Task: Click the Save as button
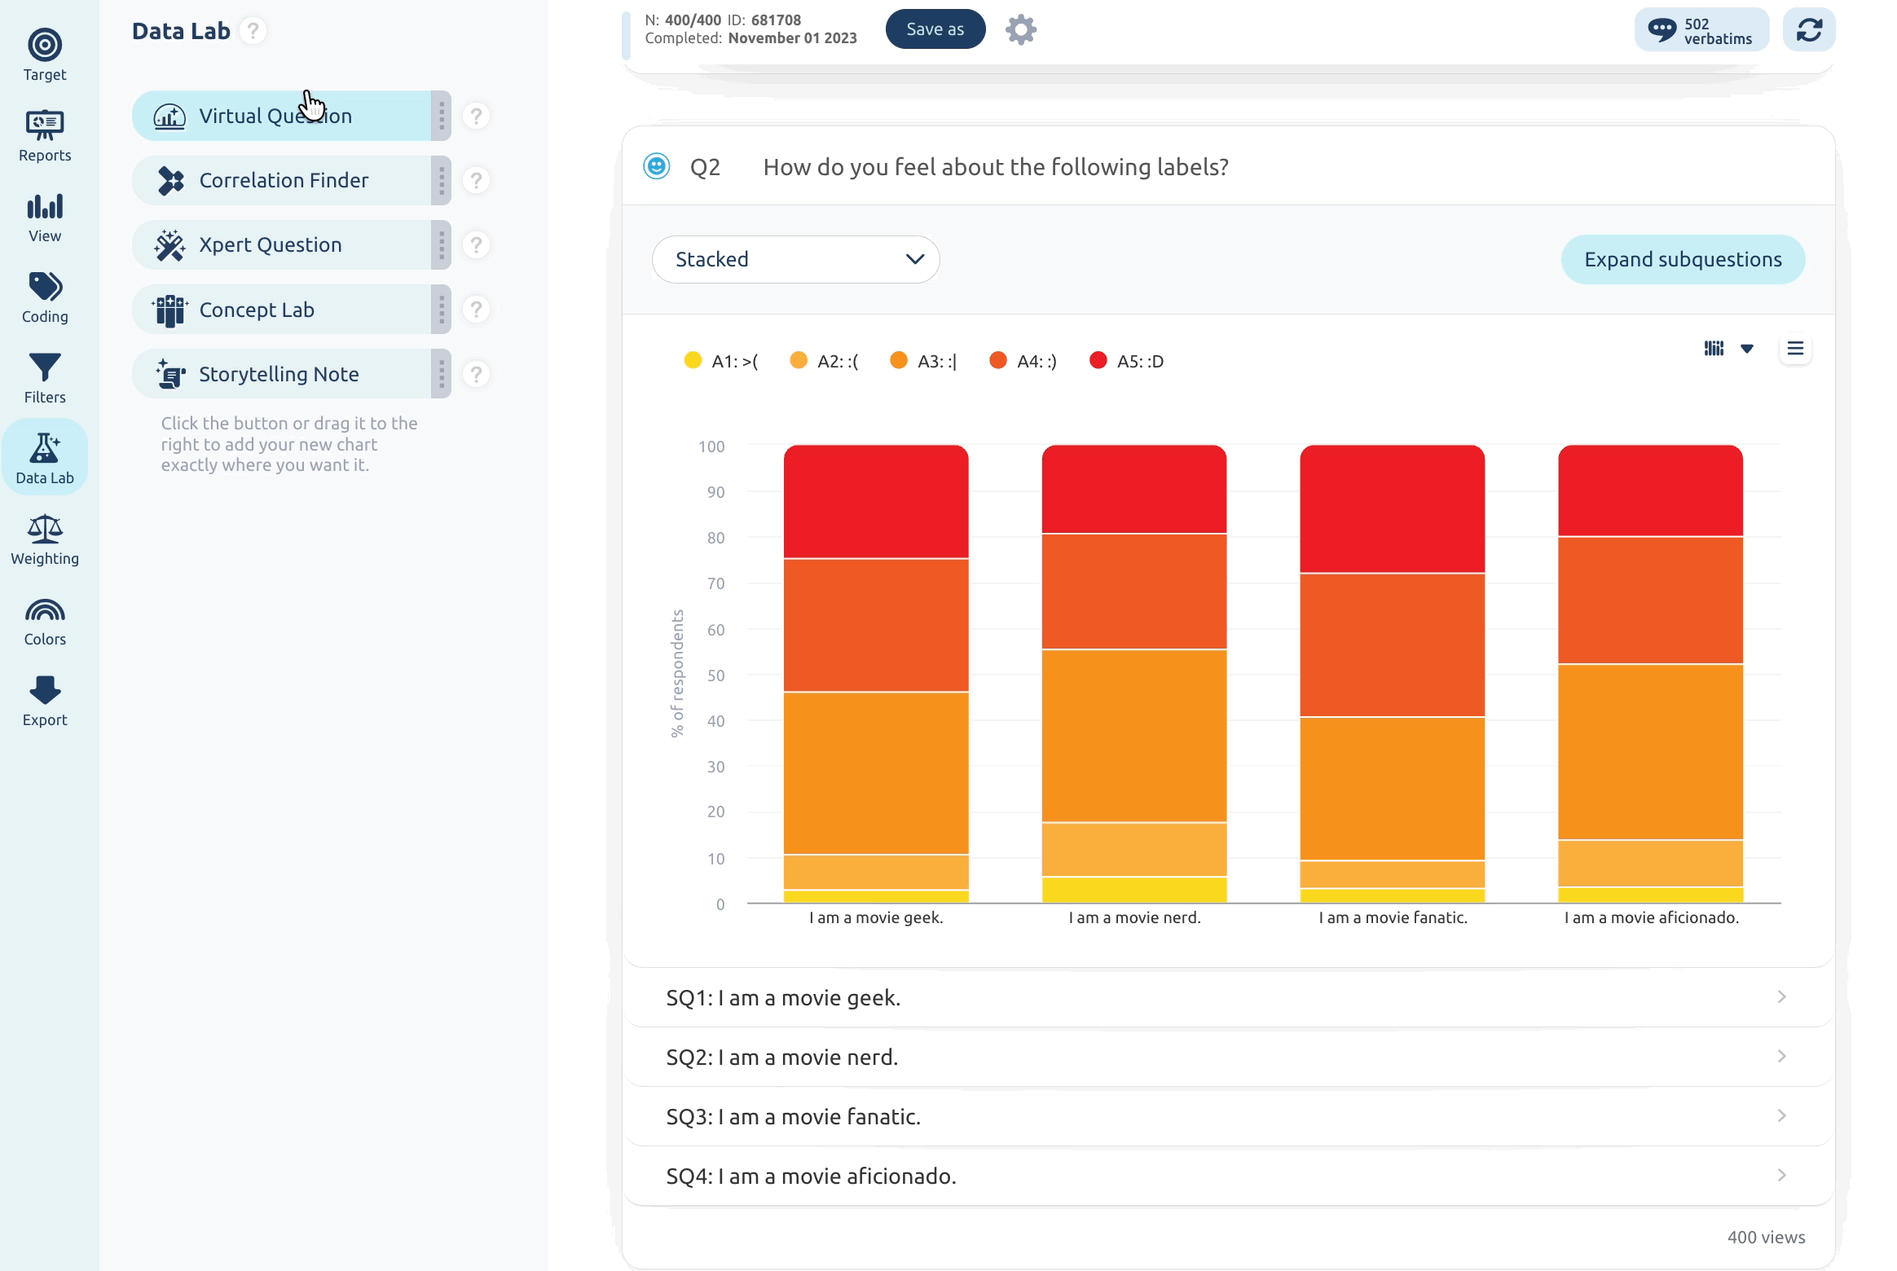click(x=935, y=29)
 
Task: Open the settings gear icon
click(x=1020, y=30)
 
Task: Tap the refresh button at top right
click(x=1809, y=30)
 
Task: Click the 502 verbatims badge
click(x=1701, y=30)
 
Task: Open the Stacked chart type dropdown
click(x=795, y=259)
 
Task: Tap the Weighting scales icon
click(x=45, y=530)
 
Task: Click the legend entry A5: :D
click(x=1127, y=361)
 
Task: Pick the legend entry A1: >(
click(x=721, y=361)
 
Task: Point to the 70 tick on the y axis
click(x=715, y=583)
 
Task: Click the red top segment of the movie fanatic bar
click(x=1392, y=508)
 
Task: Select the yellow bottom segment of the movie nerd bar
click(x=1133, y=890)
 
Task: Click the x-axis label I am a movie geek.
click(x=876, y=917)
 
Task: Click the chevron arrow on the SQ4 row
click(x=1781, y=1175)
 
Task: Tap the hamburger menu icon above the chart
click(x=1795, y=349)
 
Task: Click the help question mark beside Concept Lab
click(x=476, y=310)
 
